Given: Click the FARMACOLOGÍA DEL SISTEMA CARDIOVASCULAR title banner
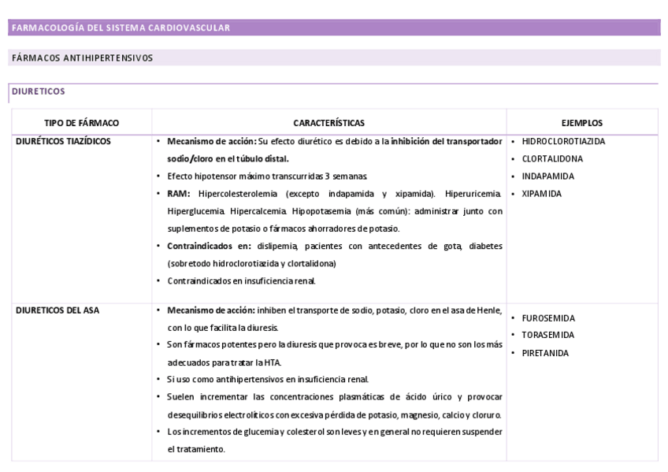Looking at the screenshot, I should click(x=121, y=28).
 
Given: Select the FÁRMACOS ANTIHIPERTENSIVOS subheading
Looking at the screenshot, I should click(x=82, y=58).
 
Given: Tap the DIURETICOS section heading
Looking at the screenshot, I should click(x=38, y=91).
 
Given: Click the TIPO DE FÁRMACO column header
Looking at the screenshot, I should click(x=81, y=123).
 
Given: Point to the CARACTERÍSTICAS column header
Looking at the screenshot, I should click(x=328, y=123).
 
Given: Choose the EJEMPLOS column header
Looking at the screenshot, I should click(x=582, y=123).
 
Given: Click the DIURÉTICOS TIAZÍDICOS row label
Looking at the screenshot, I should click(x=63, y=141).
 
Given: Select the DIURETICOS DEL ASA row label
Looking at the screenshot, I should click(x=58, y=310).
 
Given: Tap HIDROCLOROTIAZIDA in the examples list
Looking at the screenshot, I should click(x=563, y=142).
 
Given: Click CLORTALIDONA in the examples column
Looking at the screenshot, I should click(x=552, y=159).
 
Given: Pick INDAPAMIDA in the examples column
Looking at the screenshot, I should click(x=547, y=177).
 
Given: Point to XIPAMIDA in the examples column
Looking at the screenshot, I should click(x=542, y=194).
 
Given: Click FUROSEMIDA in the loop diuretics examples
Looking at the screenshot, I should click(x=548, y=318).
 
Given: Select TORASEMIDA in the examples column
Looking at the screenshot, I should click(x=547, y=335).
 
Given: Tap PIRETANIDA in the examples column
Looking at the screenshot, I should click(x=545, y=353).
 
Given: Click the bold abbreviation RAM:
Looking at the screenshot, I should click(x=179, y=194).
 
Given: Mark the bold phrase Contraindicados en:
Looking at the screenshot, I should click(x=210, y=246).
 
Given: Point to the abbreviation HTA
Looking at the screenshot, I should click(x=273, y=362).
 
